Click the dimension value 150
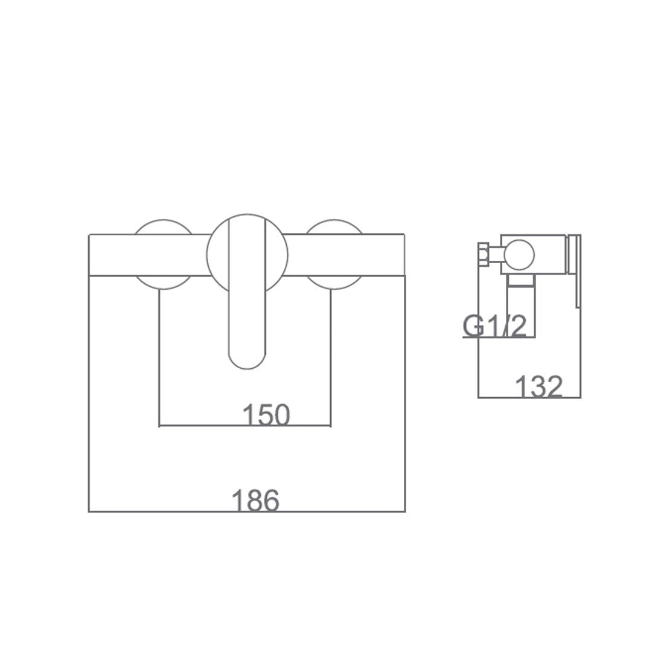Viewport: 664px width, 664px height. coord(266,415)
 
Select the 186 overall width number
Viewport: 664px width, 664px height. coord(255,500)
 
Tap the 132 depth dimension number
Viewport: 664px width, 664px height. coord(538,386)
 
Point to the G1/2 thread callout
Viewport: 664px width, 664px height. coord(494,325)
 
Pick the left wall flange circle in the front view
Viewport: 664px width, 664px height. coord(164,255)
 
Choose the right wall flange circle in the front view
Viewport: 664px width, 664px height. coord(334,255)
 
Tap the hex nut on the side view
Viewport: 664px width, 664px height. coord(484,254)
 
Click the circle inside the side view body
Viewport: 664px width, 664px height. coord(519,255)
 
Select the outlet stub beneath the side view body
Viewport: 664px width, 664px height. coord(522,280)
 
